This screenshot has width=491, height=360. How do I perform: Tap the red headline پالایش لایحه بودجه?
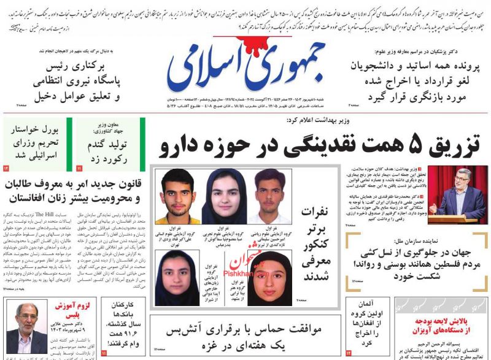pos(440,321)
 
